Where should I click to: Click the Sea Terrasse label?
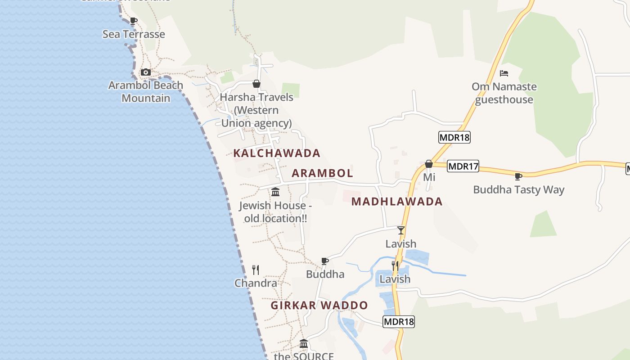point(134,34)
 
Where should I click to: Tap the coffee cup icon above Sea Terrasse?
point(133,21)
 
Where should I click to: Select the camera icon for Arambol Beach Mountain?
point(145,72)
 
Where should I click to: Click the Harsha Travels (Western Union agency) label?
point(256,110)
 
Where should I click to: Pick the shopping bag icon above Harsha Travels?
point(256,84)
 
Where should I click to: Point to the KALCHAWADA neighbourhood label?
point(277,153)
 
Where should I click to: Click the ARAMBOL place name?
point(322,173)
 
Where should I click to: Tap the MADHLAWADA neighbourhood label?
point(397,202)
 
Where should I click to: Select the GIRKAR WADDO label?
point(319,306)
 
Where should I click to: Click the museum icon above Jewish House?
point(275,192)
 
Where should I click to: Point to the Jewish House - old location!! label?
point(275,212)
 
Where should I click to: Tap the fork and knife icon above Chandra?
point(256,270)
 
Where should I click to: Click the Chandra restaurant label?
point(256,283)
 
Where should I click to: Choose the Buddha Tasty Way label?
point(518,190)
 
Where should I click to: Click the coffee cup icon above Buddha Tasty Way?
point(518,176)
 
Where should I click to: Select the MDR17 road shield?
point(463,166)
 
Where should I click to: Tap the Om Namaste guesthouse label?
point(504,93)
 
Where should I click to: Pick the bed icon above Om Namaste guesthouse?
point(504,73)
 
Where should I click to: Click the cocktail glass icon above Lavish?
point(401,230)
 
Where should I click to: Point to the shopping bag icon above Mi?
point(429,164)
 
